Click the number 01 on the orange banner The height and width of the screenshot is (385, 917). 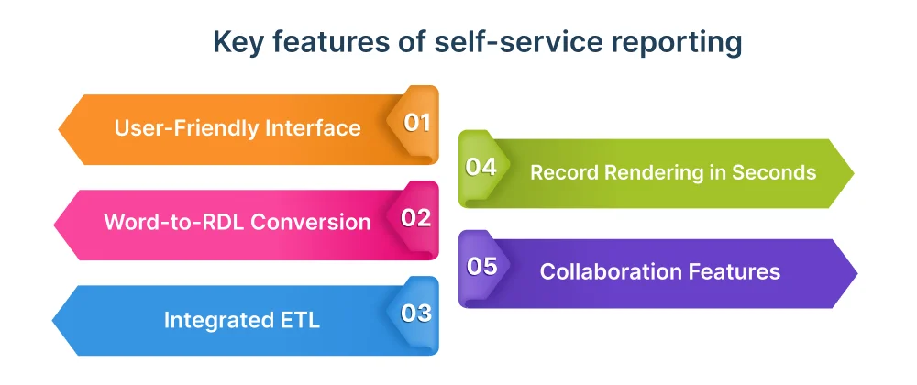(417, 123)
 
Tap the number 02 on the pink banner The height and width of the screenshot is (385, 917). (416, 218)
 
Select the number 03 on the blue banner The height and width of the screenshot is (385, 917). (416, 313)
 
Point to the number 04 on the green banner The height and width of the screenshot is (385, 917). (481, 167)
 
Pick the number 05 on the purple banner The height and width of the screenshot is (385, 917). (481, 267)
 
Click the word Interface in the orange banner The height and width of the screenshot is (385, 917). (315, 127)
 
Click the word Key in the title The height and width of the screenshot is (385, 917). (234, 43)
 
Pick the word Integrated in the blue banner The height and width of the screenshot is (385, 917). (215, 320)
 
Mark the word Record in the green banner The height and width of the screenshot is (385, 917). (561, 171)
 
